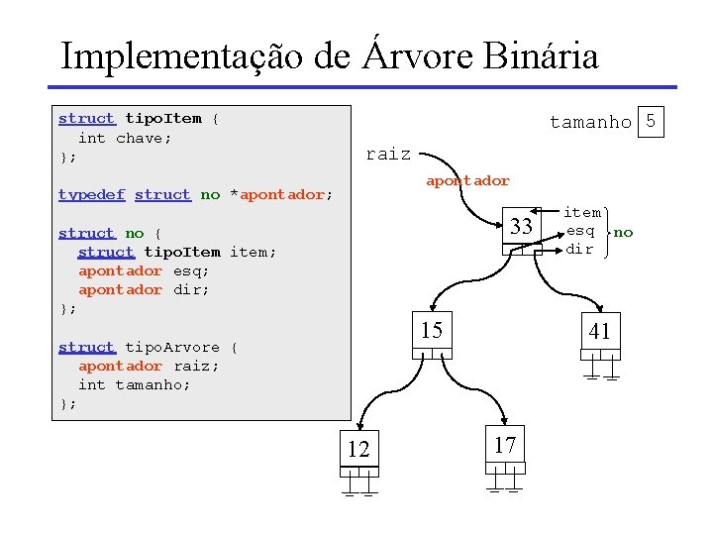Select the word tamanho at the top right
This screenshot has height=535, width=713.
tap(590, 122)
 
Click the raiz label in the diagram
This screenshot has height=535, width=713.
tap(388, 154)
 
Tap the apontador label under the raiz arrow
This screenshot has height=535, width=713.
tap(467, 180)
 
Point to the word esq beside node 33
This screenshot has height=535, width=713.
tap(580, 231)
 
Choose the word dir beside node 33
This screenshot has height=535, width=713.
tap(580, 249)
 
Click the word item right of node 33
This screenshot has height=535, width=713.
tap(582, 212)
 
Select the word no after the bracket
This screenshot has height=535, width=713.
tap(623, 232)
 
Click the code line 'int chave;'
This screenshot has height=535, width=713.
tap(125, 138)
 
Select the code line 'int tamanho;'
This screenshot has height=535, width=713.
tap(135, 384)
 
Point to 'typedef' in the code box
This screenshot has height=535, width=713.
tap(91, 195)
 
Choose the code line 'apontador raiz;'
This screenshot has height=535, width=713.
tap(149, 366)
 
